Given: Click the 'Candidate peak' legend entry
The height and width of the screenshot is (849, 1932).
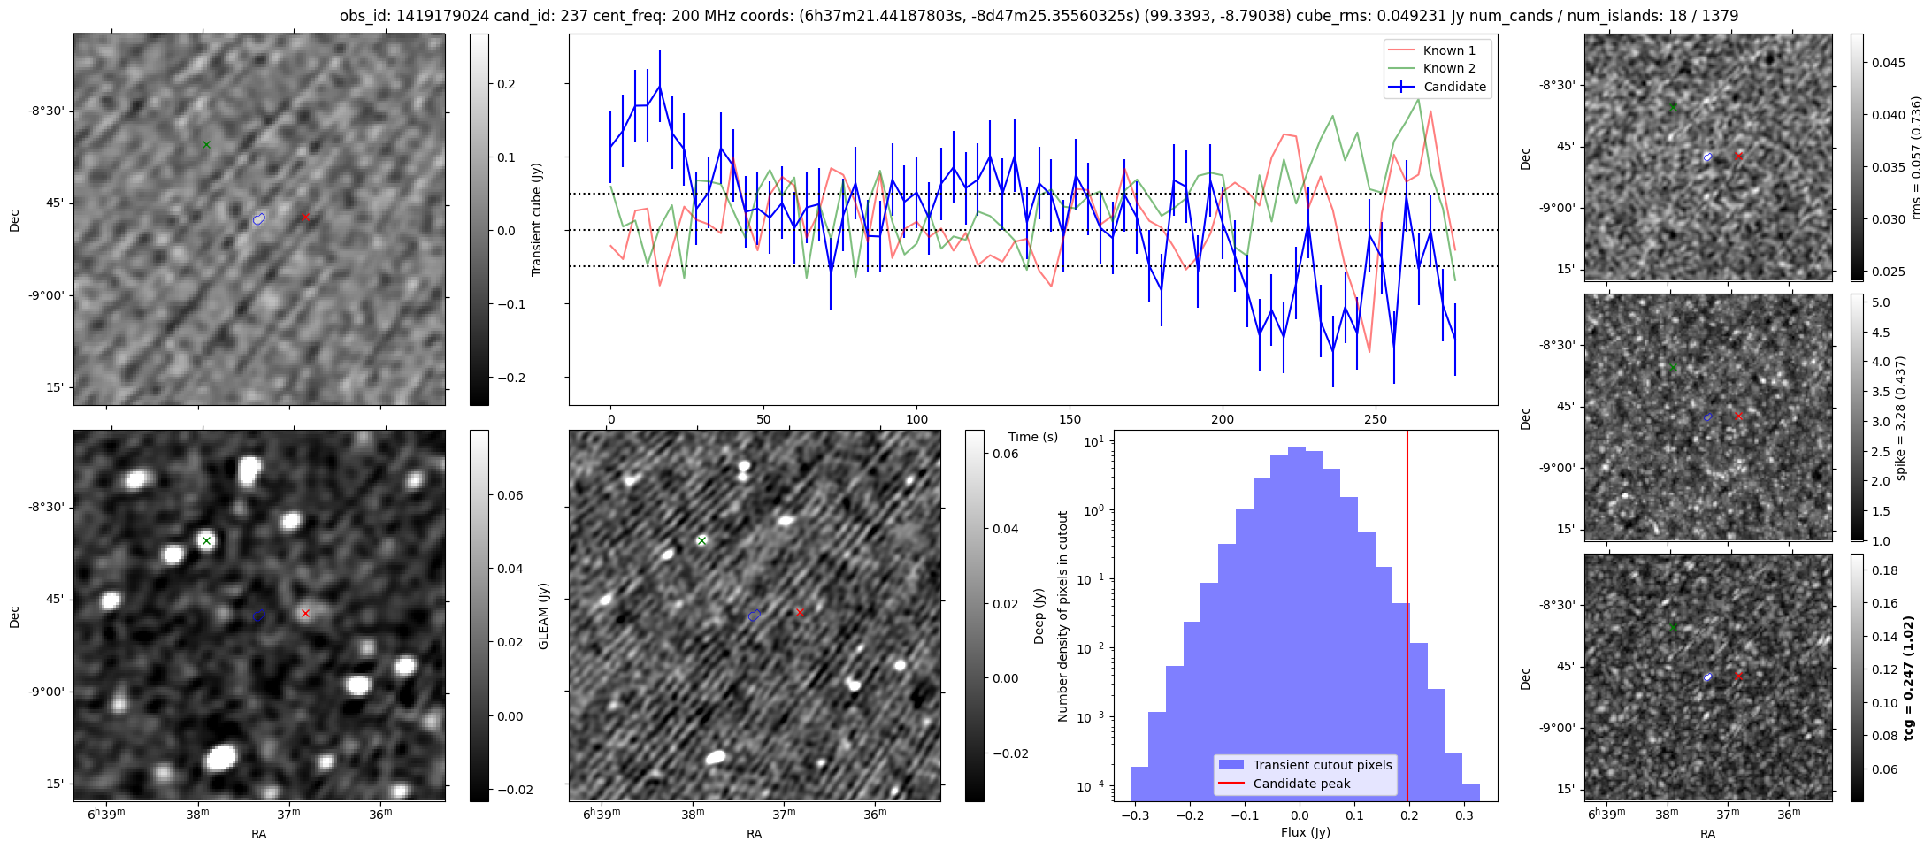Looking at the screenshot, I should tap(1301, 784).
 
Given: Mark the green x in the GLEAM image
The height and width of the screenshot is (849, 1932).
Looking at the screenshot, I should tap(206, 540).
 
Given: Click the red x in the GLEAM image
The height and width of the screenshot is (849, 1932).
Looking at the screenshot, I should tap(305, 613).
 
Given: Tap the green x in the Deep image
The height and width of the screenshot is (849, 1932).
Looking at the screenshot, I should tap(701, 540).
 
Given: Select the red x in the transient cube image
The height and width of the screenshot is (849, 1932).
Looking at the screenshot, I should tap(305, 217).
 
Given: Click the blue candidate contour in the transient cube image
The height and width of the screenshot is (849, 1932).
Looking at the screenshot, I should tap(258, 219).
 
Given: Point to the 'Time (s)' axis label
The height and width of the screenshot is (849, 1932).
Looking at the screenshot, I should tap(1033, 437).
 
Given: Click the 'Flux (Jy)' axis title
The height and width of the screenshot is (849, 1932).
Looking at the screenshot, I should tap(1305, 832).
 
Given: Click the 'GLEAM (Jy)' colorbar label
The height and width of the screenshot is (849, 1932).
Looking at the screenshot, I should tap(544, 616).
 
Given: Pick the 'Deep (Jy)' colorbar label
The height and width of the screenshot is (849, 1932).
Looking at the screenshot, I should tap(1039, 616).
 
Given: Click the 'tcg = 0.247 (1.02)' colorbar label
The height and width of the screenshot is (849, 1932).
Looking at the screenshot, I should tap(1909, 677).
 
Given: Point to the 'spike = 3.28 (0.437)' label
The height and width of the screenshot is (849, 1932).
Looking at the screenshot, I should tap(1901, 417).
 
